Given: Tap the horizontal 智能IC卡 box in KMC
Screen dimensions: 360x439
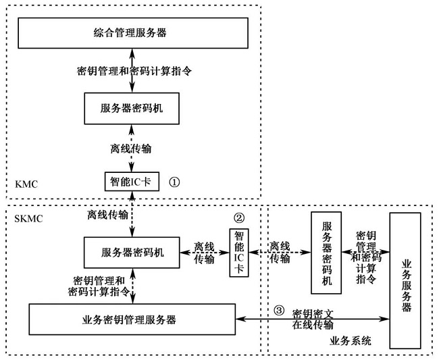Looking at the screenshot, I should tap(130, 182).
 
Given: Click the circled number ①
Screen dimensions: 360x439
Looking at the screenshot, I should tap(174, 182).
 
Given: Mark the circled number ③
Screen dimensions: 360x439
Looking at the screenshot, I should tap(278, 311).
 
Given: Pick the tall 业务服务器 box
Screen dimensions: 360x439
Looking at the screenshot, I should tap(406, 281).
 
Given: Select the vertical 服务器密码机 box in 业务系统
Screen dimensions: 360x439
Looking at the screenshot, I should tap(326, 253).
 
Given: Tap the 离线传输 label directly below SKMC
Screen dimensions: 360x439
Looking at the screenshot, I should tap(107, 215).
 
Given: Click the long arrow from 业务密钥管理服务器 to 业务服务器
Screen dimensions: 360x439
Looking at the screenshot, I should tap(311, 318).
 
